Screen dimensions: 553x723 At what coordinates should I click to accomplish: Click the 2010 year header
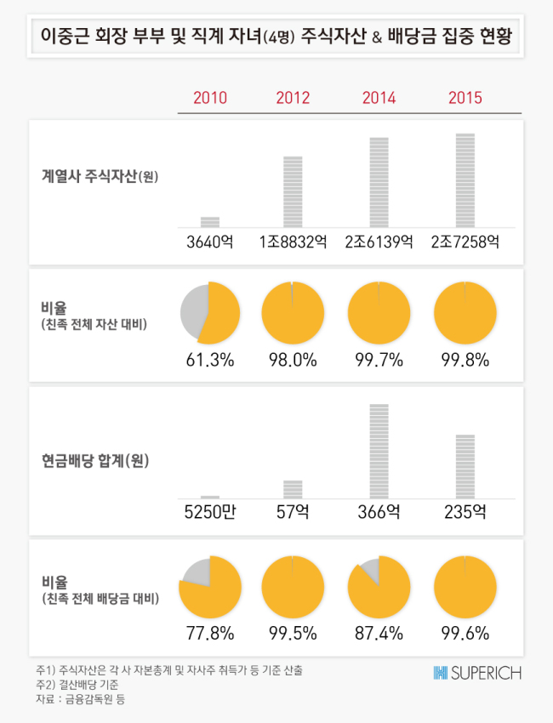(210, 98)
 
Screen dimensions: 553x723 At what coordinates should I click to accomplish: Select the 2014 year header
(379, 98)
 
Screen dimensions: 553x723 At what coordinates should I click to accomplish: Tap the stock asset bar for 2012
(293, 192)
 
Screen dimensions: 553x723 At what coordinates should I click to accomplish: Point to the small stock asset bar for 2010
(210, 222)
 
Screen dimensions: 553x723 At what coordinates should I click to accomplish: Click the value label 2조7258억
(465, 242)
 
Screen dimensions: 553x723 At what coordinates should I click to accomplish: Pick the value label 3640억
(210, 242)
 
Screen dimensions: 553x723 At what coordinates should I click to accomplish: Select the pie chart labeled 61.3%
(210, 313)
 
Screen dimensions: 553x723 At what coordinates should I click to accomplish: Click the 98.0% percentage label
(293, 360)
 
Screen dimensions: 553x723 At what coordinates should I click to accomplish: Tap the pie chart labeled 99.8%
(465, 313)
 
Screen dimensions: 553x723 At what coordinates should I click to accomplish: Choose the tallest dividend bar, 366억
(379, 452)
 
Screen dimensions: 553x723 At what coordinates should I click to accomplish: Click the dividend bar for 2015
(465, 467)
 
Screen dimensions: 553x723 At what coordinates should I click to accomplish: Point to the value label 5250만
(210, 512)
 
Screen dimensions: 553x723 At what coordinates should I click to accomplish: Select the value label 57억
(293, 512)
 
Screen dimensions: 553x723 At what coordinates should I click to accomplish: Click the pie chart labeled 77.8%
(210, 587)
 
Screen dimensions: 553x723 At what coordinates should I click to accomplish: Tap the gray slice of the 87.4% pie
(371, 570)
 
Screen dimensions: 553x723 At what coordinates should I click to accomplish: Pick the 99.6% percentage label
(465, 633)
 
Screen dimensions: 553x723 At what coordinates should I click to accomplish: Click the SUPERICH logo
(477, 673)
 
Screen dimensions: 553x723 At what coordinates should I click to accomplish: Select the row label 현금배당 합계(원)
(95, 460)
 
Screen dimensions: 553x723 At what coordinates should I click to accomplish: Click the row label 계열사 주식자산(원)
(100, 176)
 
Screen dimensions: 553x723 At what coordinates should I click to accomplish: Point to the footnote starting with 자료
(80, 699)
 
